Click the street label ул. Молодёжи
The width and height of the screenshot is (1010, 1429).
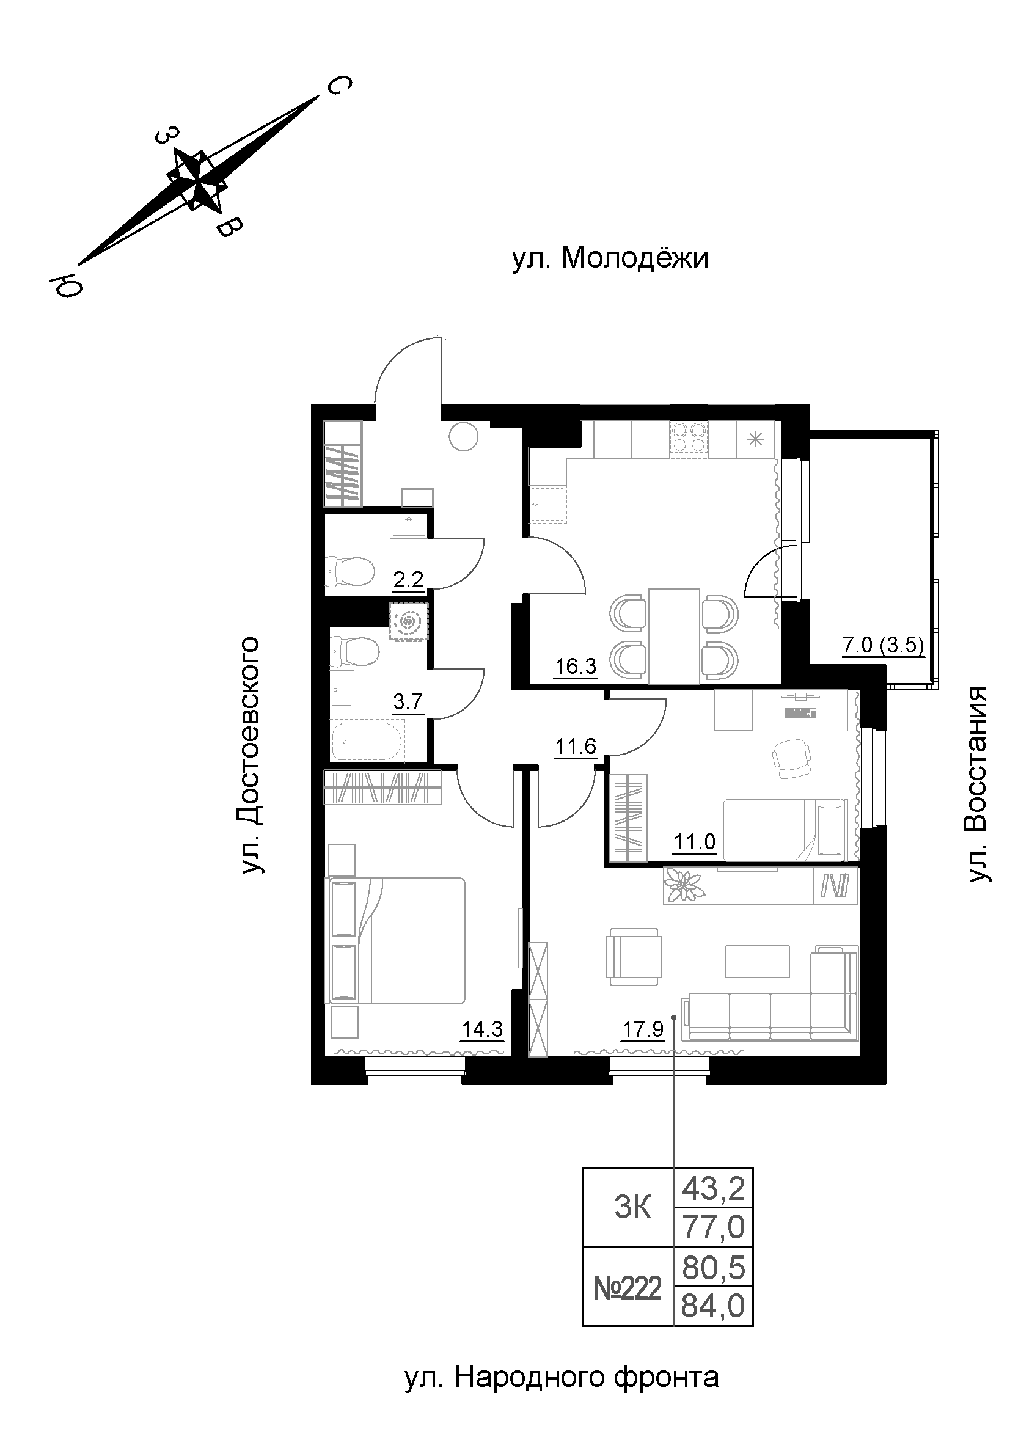pos(610,258)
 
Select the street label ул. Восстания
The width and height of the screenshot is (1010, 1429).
pos(977,784)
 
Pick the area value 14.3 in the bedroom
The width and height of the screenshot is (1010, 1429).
pos(481,1030)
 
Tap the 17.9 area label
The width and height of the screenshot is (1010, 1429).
pos(643,1030)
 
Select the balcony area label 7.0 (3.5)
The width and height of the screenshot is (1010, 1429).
pos(882,645)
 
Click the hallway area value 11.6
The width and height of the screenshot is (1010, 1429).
pos(576,745)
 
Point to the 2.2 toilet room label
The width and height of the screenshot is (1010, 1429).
pos(408,580)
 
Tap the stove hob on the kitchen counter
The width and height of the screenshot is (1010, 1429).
pos(688,439)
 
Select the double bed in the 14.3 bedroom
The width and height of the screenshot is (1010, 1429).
pos(395,940)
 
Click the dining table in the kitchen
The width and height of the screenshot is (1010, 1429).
pos(674,635)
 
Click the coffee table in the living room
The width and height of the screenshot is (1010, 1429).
pos(757,962)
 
